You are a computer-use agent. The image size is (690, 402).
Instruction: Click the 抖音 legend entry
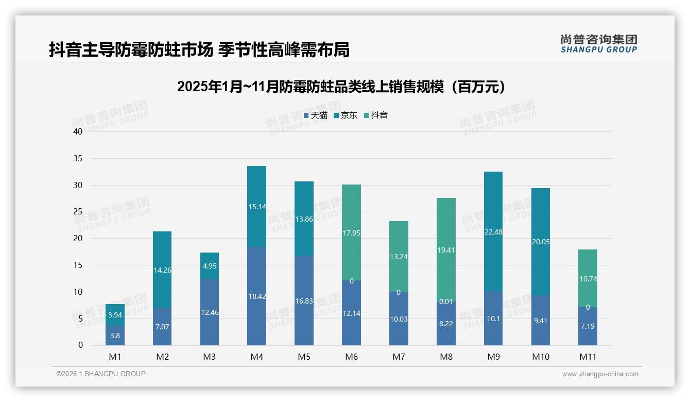(375, 115)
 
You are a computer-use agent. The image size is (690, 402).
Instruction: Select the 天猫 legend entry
(315, 115)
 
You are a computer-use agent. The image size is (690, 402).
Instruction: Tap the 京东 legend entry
(345, 115)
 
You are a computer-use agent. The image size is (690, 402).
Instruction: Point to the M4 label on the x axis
(256, 357)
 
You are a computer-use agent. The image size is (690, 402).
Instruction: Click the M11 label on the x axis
(588, 357)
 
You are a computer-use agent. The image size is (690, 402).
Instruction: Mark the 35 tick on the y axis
(78, 158)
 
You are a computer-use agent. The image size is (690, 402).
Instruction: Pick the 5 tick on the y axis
(80, 319)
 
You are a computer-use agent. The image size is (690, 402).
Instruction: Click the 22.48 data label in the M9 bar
(493, 232)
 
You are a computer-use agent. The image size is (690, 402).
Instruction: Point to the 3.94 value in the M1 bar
(115, 315)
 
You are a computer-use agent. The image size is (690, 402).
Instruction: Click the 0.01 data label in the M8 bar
(446, 301)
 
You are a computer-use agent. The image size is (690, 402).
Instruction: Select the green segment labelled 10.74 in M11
(588, 279)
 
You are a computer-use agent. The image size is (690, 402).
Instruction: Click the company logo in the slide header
(598, 43)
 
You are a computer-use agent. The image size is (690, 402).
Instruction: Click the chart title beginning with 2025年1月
(341, 87)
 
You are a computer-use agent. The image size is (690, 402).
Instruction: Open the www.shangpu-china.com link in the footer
(600, 374)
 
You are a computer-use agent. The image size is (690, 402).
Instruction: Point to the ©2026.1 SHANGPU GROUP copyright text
(101, 374)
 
